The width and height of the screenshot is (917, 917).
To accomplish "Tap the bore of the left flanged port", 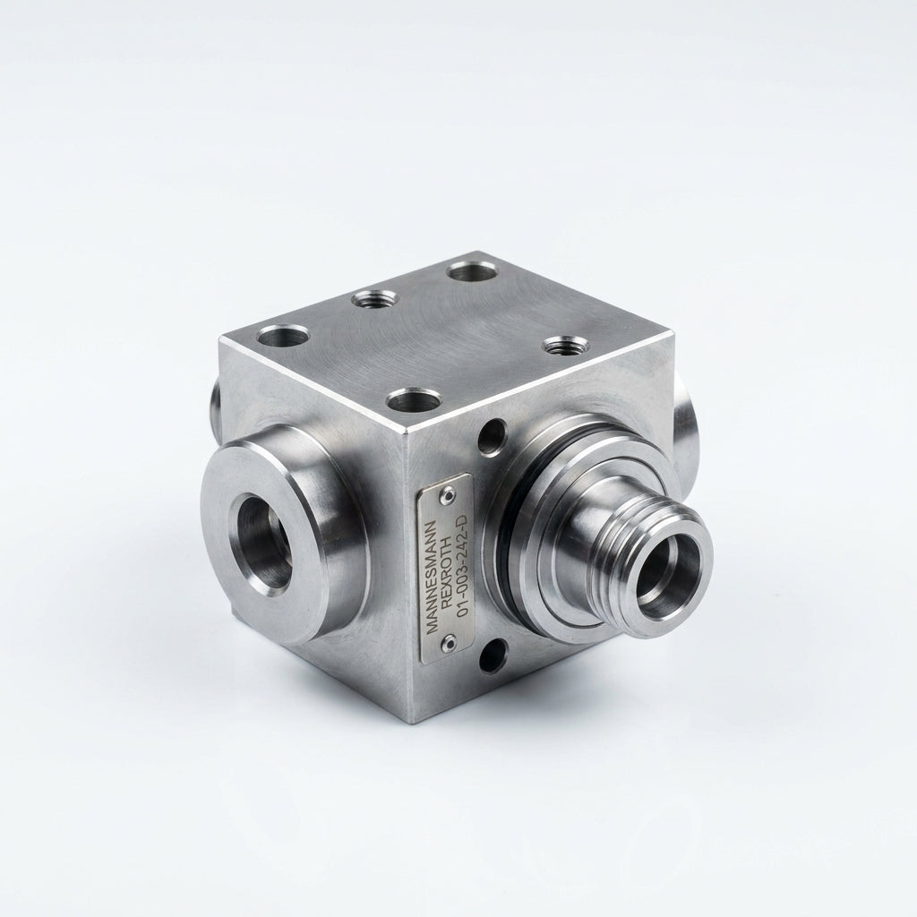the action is [263, 542].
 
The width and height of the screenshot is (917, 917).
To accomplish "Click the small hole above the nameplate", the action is [493, 436].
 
